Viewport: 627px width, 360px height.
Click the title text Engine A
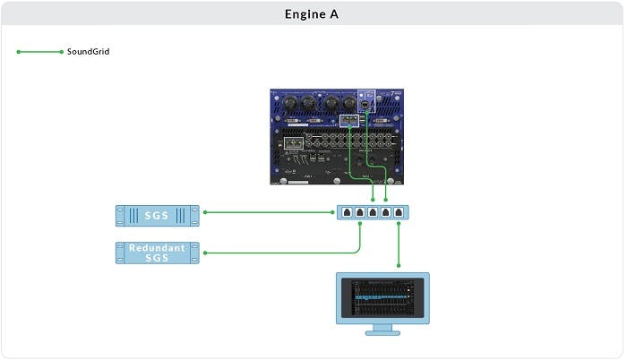tap(313, 13)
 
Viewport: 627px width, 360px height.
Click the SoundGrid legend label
tap(88, 52)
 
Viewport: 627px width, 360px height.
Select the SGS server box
tap(157, 215)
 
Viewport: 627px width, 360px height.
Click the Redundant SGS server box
tap(157, 253)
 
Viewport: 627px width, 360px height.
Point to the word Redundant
tap(157, 246)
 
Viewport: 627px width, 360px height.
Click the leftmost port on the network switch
tap(347, 212)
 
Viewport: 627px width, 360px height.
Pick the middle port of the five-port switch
tap(373, 212)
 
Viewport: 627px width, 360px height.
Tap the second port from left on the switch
tap(359, 212)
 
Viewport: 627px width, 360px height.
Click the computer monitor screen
tap(382, 297)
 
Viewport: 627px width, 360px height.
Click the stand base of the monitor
tap(382, 330)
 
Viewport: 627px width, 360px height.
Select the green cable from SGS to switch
tap(269, 212)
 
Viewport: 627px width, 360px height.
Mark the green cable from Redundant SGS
tap(278, 253)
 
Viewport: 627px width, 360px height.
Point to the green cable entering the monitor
tap(399, 246)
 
